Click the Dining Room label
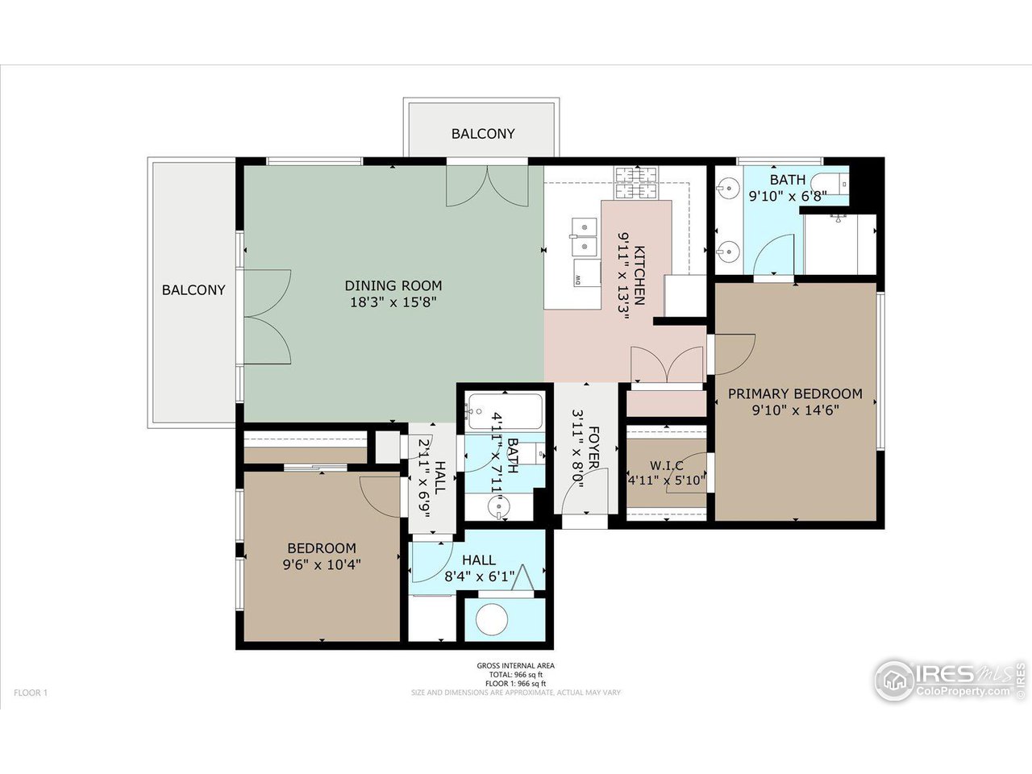point(393,285)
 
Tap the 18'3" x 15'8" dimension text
point(393,302)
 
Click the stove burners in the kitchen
point(636,183)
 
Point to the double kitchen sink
point(585,238)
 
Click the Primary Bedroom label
point(795,393)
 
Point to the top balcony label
point(483,134)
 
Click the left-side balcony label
point(193,289)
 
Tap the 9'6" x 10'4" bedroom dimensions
point(321,564)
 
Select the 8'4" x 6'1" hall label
point(479,576)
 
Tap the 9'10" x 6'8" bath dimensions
point(787,196)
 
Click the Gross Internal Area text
point(515,665)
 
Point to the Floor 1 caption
point(31,693)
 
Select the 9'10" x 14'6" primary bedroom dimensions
point(795,410)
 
